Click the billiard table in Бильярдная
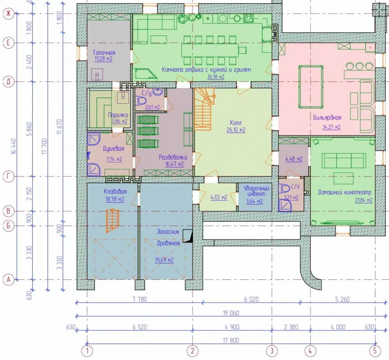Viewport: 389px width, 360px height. coord(311,87)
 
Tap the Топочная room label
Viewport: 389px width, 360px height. coord(104,53)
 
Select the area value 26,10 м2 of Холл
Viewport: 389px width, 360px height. coord(236,130)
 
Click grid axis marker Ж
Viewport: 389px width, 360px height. coord(8,14)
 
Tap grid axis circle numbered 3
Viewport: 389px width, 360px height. coord(272,351)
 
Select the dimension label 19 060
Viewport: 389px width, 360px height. coord(231,313)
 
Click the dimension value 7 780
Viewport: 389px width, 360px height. coord(140,299)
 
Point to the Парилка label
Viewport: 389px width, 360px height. coord(118,115)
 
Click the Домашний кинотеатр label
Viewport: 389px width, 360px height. coord(345,192)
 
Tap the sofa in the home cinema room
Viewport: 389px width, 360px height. coord(344,160)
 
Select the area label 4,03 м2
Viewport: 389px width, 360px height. coord(219,197)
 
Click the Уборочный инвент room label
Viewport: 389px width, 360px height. coord(256,191)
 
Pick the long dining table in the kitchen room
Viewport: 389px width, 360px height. coord(210,51)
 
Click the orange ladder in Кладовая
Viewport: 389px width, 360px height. coord(113,220)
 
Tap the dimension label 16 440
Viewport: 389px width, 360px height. coord(14,146)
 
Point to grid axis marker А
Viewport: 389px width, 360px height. coord(8,280)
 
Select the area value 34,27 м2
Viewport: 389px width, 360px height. coord(331,127)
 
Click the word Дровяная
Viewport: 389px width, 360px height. coord(168,243)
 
